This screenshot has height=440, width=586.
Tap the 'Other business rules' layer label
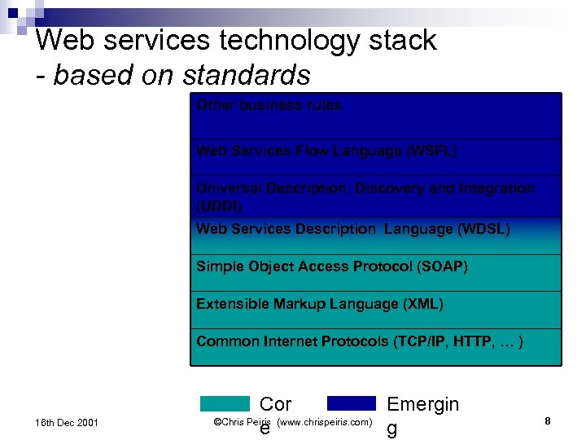pos(269,105)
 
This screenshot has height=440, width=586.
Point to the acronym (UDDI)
pos(219,206)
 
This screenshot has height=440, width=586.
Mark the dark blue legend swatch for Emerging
pos(352,403)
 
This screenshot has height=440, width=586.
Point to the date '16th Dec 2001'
pos(66,422)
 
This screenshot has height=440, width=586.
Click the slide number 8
pos(548,421)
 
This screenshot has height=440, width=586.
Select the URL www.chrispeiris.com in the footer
pos(324,422)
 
